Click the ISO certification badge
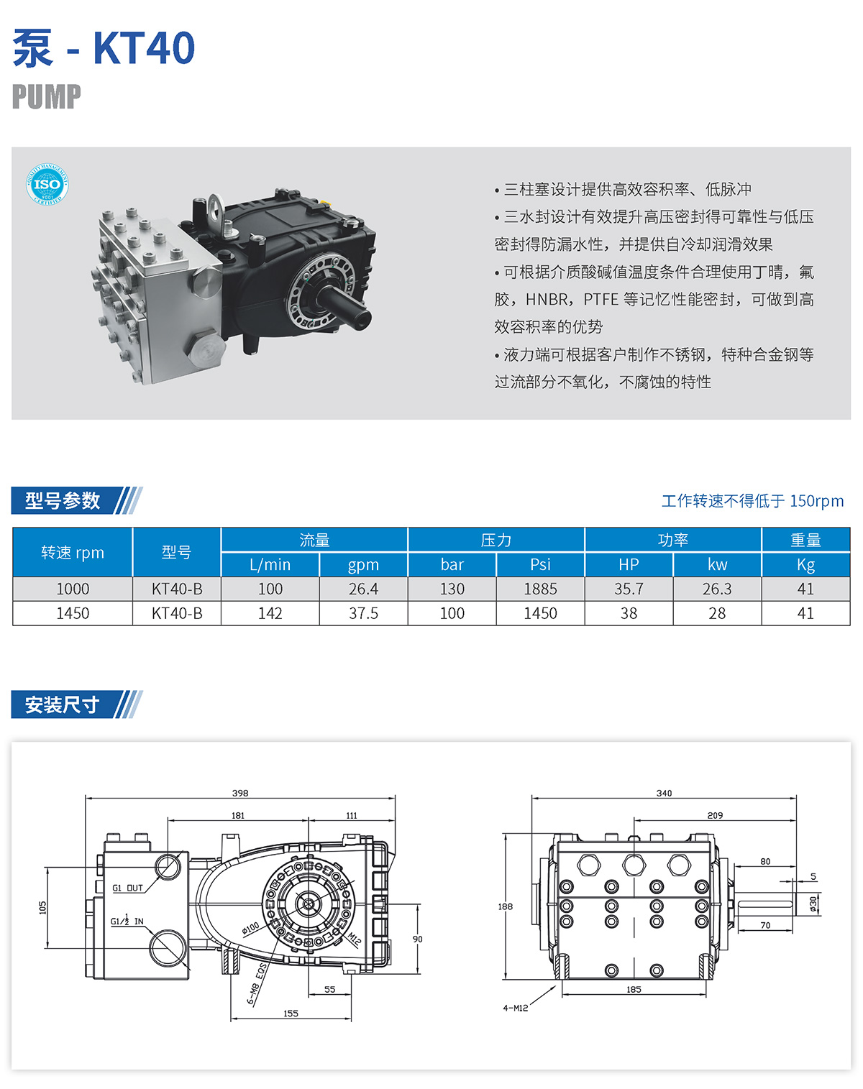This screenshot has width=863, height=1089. tap(47, 184)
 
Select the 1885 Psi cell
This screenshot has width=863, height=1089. tap(540, 589)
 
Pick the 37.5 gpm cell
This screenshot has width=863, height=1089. tap(363, 613)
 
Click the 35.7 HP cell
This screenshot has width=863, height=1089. tap(629, 589)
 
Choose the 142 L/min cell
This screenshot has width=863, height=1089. tap(270, 613)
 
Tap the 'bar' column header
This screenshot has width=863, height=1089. tap(452, 564)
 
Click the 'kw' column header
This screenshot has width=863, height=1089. tap(717, 564)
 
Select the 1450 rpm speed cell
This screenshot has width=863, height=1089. tap(73, 613)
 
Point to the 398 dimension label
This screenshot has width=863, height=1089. tap(240, 793)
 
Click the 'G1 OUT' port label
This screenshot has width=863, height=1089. tap(127, 888)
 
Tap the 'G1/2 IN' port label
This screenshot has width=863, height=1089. tap(127, 921)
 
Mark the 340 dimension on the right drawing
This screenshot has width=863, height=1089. tap(664, 793)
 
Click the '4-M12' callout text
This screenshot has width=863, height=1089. tap(516, 1008)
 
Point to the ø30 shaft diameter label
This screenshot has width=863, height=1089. tap(813, 904)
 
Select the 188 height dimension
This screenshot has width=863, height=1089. tap(506, 906)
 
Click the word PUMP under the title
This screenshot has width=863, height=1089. tap(46, 96)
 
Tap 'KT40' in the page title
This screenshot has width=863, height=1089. tap(144, 47)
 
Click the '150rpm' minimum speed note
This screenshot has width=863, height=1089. tap(816, 500)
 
